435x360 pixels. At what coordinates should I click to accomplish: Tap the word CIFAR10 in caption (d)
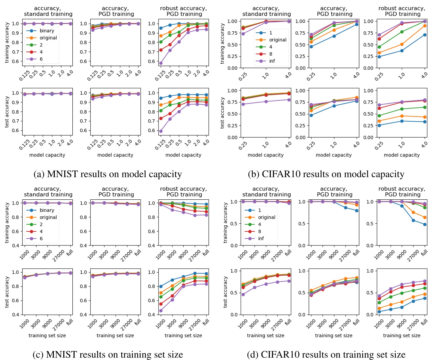pos(279,355)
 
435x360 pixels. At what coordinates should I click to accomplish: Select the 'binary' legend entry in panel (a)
pos(47,31)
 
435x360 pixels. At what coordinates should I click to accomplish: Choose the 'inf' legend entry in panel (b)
pos(272,61)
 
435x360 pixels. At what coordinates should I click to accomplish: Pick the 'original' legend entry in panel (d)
pos(266,217)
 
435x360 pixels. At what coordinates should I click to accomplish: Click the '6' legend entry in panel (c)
pos(41,238)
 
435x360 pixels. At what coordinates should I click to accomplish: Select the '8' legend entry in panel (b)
pos(270,54)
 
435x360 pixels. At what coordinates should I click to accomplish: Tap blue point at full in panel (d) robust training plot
pos(425,224)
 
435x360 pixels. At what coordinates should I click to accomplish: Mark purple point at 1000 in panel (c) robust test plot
pos(161,310)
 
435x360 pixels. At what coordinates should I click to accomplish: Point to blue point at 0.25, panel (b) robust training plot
pos(379,57)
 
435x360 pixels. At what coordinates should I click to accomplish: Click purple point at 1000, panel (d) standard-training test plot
pos(243,294)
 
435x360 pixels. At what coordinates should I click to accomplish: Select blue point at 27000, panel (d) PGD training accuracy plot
pos(345,208)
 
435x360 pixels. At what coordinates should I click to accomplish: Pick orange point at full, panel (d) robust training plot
pos(425,217)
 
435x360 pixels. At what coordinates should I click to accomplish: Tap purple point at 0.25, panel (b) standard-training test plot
pos(243,104)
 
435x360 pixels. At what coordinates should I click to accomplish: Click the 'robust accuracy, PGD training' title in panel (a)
pos(183,11)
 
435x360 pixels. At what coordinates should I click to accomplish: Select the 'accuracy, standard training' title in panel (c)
pos(48,192)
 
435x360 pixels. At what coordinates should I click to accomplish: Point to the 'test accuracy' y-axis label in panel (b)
pos(222,113)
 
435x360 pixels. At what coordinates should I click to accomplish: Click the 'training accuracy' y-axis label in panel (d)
pos(225,223)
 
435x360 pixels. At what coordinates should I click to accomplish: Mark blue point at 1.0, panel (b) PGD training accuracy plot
pos(334,36)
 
